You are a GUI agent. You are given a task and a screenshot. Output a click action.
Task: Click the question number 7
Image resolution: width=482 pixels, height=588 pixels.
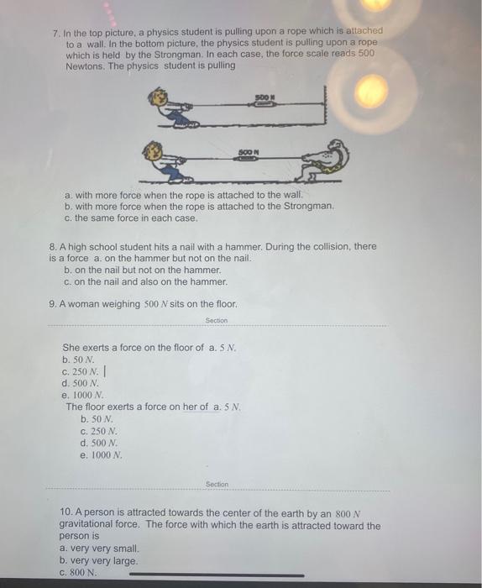[56, 34]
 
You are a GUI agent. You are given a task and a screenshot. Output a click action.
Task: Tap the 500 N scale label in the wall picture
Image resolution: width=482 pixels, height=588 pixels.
[265, 97]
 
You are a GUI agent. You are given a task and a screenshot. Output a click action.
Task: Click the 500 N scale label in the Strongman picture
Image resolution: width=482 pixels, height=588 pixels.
[249, 152]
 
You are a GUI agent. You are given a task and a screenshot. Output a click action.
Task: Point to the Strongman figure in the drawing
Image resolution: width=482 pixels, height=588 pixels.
[325, 160]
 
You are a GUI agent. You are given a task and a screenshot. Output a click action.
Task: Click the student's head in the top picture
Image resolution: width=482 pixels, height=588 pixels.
[157, 98]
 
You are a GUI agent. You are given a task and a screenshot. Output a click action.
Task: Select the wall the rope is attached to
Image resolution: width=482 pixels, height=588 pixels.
[325, 106]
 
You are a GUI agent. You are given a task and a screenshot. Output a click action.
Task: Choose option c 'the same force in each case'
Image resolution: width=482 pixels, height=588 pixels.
[131, 218]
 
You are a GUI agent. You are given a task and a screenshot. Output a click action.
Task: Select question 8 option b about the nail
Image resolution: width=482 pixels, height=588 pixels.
[143, 270]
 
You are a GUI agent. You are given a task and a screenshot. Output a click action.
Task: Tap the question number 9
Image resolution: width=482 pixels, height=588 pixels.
[53, 304]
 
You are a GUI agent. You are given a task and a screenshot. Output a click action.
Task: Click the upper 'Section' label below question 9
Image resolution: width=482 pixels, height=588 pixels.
[217, 320]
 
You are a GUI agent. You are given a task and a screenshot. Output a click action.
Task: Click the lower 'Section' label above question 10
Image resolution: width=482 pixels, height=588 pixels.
[217, 484]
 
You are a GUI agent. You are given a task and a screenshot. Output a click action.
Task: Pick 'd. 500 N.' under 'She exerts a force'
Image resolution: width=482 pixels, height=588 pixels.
[81, 383]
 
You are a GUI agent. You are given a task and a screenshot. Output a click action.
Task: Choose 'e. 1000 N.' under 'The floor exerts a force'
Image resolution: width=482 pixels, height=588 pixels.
[102, 455]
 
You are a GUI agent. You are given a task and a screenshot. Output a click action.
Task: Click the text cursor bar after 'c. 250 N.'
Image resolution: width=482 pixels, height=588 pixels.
[105, 371]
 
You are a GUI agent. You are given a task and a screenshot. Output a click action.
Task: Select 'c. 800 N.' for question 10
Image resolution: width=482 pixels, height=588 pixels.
[78, 573]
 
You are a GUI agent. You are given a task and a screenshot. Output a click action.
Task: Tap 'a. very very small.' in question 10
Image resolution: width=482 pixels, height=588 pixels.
[99, 549]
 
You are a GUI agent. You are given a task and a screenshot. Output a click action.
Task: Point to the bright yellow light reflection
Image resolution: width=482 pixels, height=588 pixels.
[371, 91]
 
